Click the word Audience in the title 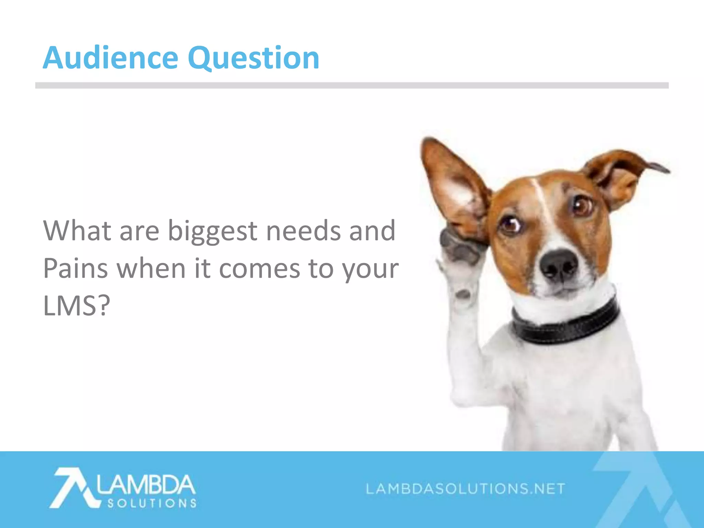pos(110,58)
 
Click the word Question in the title pos(253,58)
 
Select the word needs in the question pos(303,231)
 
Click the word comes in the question pos(260,268)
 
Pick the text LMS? pos(76,306)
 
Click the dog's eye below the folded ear pos(582,205)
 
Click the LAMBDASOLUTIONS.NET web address pos(465,488)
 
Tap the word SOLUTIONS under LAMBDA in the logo pos(152,504)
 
